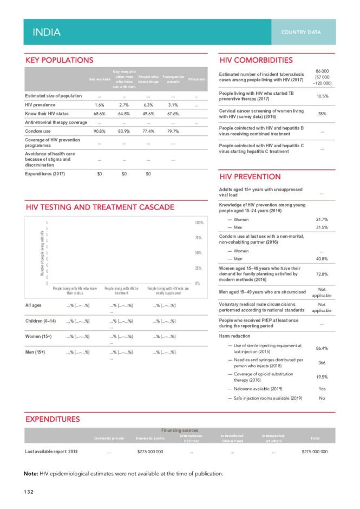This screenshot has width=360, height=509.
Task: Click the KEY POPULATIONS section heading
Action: pyautogui.click(x=60, y=60)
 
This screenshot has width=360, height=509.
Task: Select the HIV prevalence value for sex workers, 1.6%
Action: pyautogui.click(x=99, y=105)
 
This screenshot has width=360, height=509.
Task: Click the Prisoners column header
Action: pyautogui.click(x=197, y=80)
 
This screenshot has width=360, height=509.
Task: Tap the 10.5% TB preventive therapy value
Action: pyautogui.click(x=322, y=96)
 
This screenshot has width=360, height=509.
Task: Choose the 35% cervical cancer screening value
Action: pyautogui.click(x=322, y=114)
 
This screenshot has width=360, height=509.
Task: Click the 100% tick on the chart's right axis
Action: pyautogui.click(x=198, y=223)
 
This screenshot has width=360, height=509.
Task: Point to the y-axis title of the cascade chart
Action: pyautogui.click(x=43, y=253)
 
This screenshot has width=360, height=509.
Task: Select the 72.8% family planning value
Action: pyautogui.click(x=322, y=275)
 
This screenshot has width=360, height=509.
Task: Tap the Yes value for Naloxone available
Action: pyautogui.click(x=322, y=389)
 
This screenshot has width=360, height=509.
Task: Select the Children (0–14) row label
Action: pyautogui.click(x=41, y=322)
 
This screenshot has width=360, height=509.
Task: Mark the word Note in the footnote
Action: pyautogui.click(x=30, y=474)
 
